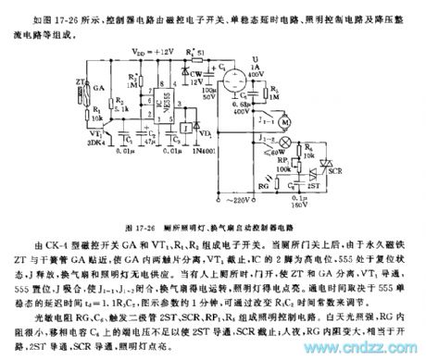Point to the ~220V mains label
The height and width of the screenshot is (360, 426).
coord(239,201)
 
